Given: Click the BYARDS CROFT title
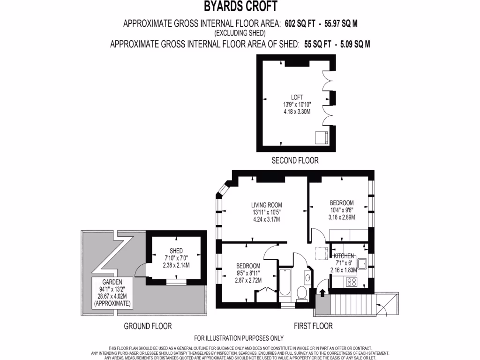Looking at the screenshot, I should (240, 7).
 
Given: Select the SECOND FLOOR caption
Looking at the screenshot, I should (295, 160).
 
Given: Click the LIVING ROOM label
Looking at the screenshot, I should (266, 205).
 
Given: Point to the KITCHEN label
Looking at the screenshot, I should (344, 256).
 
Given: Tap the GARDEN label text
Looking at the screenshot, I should (112, 282).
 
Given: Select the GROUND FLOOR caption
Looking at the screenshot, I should (148, 326).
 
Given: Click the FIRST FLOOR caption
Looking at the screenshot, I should (313, 326).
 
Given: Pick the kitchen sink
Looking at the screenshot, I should (362, 263).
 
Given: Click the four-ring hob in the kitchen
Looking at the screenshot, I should (351, 282).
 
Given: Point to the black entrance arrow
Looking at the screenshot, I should (322, 292).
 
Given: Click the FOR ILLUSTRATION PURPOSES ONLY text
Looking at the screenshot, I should (239, 338).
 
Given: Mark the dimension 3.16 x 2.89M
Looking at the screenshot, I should (342, 217).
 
